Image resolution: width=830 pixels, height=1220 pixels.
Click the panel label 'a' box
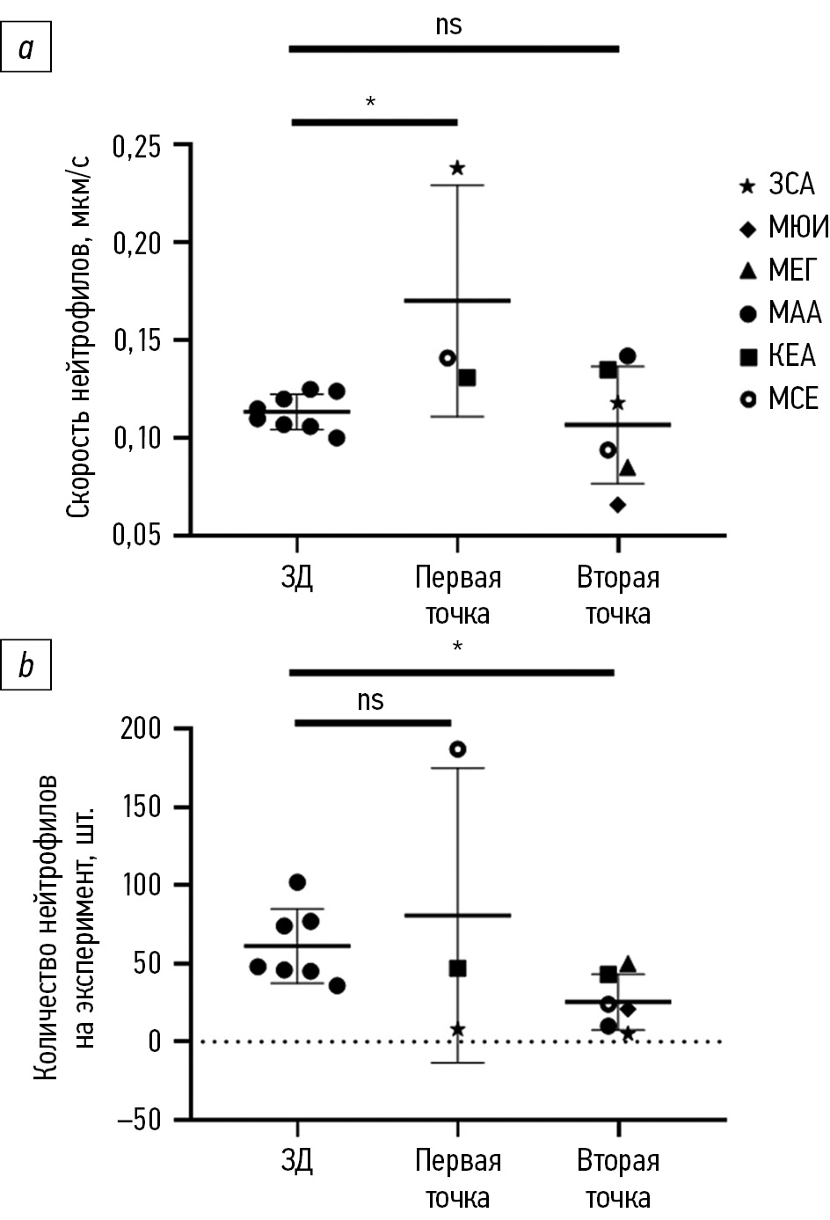pyautogui.click(x=25, y=48)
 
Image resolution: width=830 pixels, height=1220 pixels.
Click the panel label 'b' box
pyautogui.click(x=25, y=666)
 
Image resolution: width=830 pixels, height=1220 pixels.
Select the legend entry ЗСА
pyautogui.click(x=778, y=185)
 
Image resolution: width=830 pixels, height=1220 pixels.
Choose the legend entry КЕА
pyautogui.click(x=778, y=356)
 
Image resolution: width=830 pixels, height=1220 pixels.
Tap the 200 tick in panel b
pyautogui.click(x=142, y=729)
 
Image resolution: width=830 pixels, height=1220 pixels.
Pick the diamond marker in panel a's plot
pyautogui.click(x=618, y=505)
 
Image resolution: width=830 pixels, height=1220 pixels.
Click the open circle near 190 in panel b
pyautogui.click(x=457, y=749)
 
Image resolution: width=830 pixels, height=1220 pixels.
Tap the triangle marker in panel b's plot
pyautogui.click(x=628, y=964)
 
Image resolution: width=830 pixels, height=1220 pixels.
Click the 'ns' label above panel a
pyautogui.click(x=448, y=25)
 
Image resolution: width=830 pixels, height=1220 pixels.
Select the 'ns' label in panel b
pyautogui.click(x=371, y=700)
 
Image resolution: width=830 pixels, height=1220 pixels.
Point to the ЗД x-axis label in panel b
pyautogui.click(x=297, y=1161)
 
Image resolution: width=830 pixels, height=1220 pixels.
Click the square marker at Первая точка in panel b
pyautogui.click(x=457, y=968)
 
